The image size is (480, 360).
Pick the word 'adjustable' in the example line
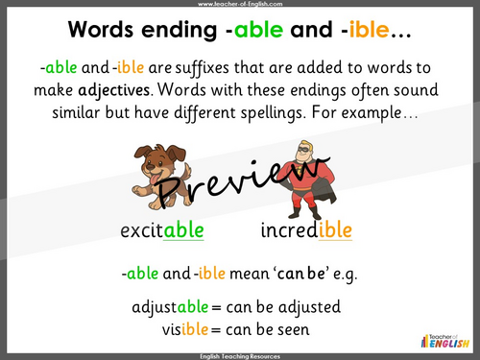pyautogui.click(x=173, y=307)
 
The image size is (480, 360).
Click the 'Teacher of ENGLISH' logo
pyautogui.click(x=444, y=336)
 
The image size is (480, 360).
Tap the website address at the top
pyautogui.click(x=239, y=4)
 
